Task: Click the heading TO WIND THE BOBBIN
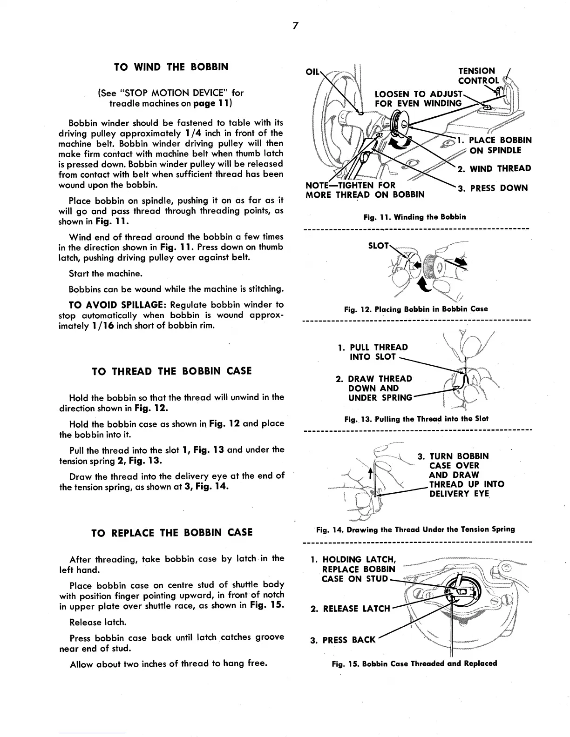(171, 67)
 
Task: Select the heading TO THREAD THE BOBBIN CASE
(172, 371)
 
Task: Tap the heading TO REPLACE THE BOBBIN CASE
(172, 532)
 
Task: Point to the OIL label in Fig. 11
(312, 72)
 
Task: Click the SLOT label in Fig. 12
(378, 245)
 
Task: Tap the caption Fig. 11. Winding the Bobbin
(414, 217)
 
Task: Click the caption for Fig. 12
(416, 309)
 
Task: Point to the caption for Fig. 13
(416, 419)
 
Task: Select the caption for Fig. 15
(414, 663)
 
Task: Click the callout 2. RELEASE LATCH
(350, 609)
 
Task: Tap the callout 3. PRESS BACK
(343, 640)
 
